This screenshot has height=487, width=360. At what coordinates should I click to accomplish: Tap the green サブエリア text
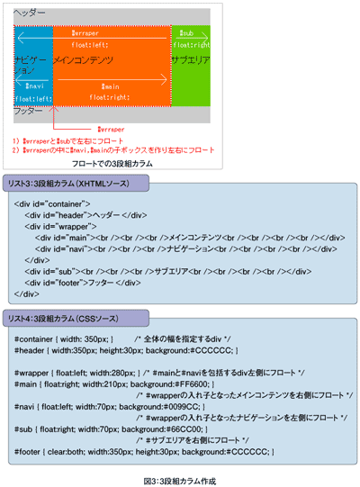coord(191,59)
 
